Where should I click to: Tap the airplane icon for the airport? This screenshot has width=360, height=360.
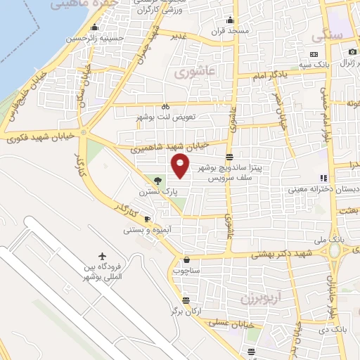(x=104, y=255)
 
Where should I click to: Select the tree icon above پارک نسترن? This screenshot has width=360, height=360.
(x=157, y=181)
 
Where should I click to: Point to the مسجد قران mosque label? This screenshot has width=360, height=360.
(x=229, y=32)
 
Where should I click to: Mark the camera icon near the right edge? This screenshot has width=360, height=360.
(x=353, y=51)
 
